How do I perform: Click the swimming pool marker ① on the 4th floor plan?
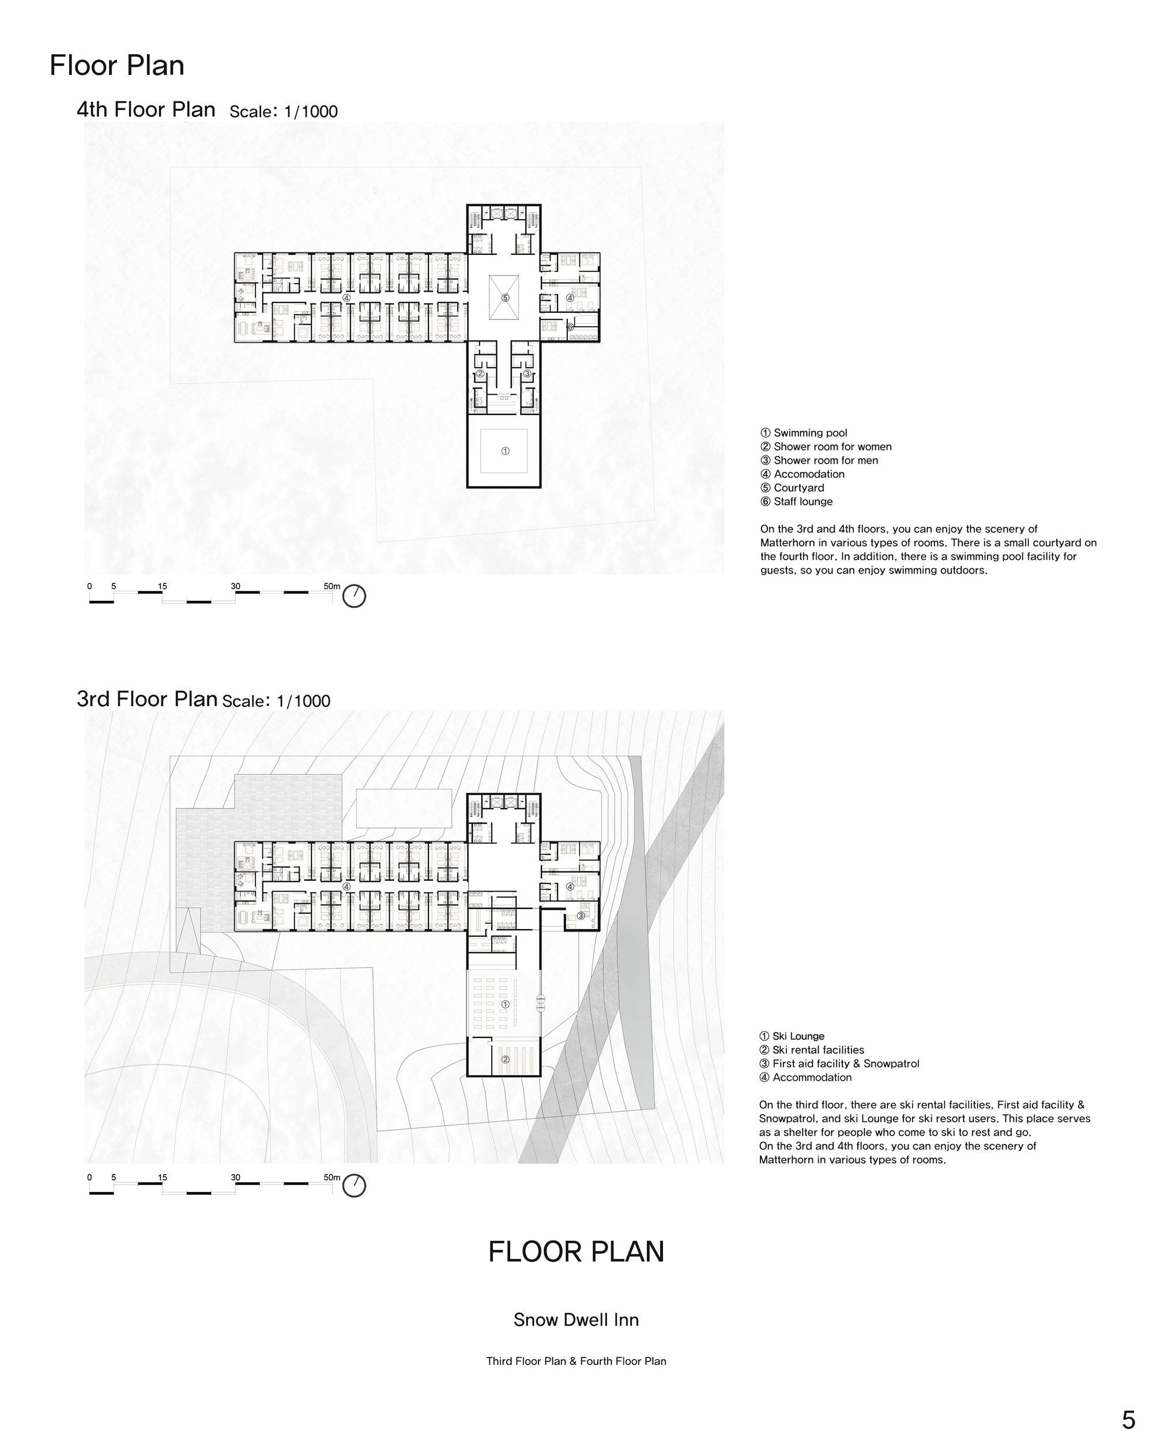coord(506,451)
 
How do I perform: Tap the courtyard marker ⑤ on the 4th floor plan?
coord(506,298)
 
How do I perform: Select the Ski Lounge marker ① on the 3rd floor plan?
coord(506,1005)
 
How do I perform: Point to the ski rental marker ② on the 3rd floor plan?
coord(506,1059)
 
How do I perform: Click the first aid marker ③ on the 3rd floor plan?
coord(581,916)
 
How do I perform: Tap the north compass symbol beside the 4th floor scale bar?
coord(354,595)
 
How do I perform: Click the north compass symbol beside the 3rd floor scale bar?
coord(354,1186)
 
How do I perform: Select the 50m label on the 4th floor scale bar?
coord(332,587)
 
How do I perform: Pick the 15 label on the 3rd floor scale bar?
coord(163,1178)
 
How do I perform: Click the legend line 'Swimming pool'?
coord(804,433)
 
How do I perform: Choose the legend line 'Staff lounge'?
coord(797,501)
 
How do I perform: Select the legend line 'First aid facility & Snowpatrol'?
coord(839,1063)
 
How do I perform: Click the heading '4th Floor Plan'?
coord(146,109)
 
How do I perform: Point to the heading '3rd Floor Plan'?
coord(147,699)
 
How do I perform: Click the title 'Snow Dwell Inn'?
coord(576,1320)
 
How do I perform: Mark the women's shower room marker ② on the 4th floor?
coord(480,374)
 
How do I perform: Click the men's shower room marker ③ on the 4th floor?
coord(527,374)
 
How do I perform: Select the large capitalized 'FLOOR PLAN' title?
coord(576,1252)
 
